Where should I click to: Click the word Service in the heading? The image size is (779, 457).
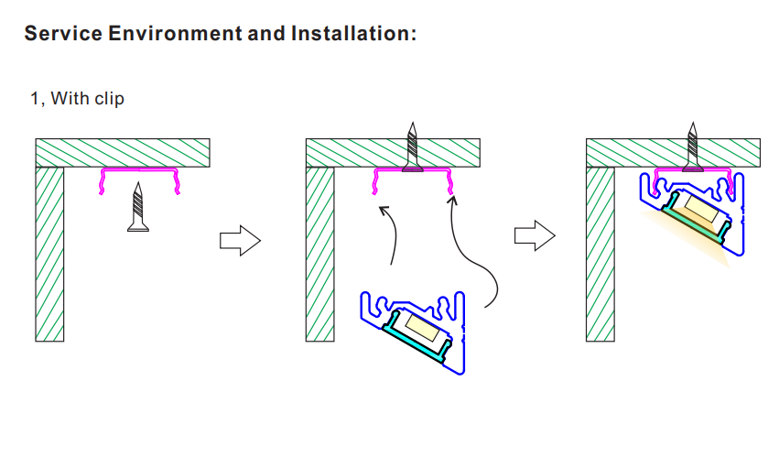click(63, 33)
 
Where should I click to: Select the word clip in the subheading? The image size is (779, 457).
click(109, 99)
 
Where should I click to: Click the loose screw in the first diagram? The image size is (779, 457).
click(138, 207)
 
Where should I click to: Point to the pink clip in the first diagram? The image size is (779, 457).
click(139, 170)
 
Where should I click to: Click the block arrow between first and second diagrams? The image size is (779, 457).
click(241, 241)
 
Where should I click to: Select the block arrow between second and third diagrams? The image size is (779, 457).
click(535, 235)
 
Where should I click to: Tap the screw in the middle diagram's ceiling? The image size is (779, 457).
click(412, 147)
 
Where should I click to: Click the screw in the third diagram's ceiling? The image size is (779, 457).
click(693, 147)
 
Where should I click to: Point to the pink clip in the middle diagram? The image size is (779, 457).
click(412, 170)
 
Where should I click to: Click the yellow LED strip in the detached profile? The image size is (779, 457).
click(422, 328)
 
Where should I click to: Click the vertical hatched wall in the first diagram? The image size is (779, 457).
click(49, 254)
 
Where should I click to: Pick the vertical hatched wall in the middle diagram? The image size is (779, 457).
click(320, 254)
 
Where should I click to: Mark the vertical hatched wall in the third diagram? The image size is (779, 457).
click(600, 254)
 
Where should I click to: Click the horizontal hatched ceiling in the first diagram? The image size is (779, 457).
click(123, 153)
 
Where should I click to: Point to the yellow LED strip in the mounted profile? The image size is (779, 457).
click(701, 209)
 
